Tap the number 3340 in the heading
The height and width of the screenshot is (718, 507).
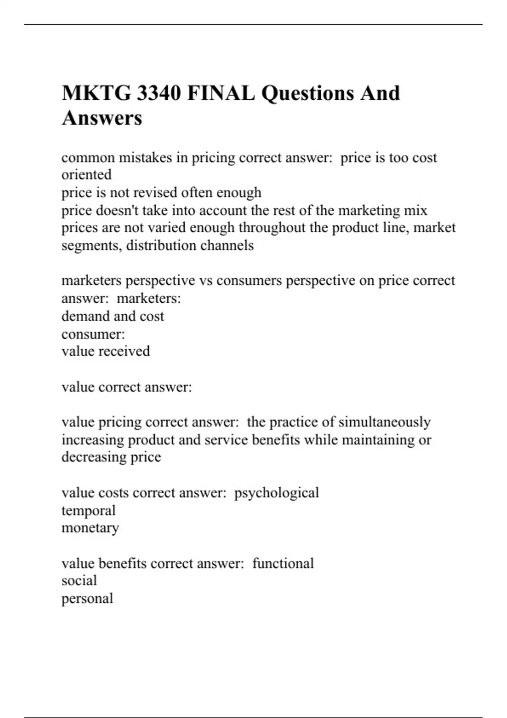(159, 93)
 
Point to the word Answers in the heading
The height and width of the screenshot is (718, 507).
(102, 118)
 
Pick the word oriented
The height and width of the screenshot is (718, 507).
(87, 175)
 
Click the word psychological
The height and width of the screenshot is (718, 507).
(276, 493)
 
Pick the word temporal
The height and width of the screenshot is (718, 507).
(88, 511)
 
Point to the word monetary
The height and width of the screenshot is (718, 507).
(90, 528)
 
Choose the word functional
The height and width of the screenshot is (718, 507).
(283, 563)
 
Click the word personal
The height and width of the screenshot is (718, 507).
(87, 598)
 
